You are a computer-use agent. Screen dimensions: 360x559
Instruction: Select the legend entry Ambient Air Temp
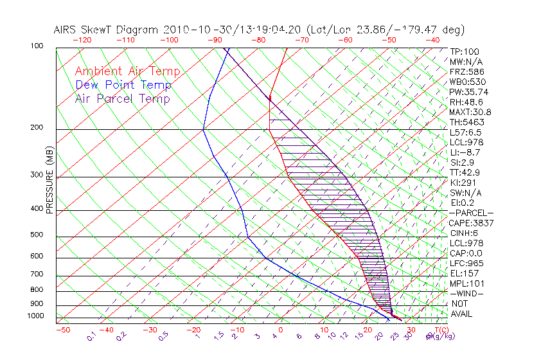[127, 72]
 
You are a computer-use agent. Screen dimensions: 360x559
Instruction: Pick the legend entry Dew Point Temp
[123, 85]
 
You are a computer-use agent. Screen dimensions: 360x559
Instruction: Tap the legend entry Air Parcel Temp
[123, 99]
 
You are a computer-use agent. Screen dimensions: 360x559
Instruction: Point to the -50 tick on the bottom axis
[62, 330]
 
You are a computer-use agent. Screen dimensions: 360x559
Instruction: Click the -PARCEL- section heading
[471, 213]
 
